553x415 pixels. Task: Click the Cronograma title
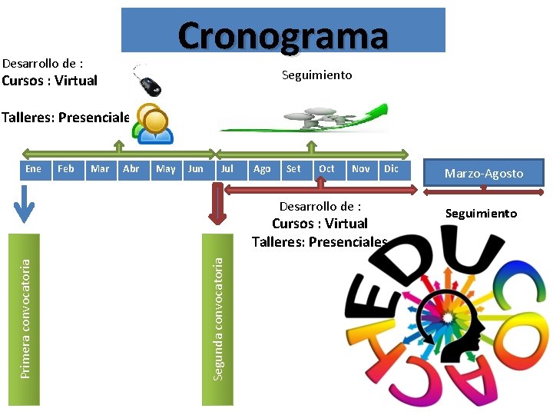[283, 35]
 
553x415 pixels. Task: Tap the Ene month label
[34, 168]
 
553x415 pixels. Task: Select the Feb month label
[66, 168]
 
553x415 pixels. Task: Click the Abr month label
[131, 168]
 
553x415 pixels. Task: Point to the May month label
[165, 168]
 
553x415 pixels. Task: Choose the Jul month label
[227, 168]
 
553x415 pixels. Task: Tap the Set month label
[293, 168]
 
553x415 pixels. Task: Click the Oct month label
[326, 168]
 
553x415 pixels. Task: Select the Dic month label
[391, 168]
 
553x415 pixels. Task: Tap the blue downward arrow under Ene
[26, 204]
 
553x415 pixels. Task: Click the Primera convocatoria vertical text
[25, 317]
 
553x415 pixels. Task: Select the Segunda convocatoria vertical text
[218, 317]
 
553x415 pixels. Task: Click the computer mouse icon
[149, 81]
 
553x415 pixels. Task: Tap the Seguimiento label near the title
[316, 75]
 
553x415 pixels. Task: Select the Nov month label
[360, 168]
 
